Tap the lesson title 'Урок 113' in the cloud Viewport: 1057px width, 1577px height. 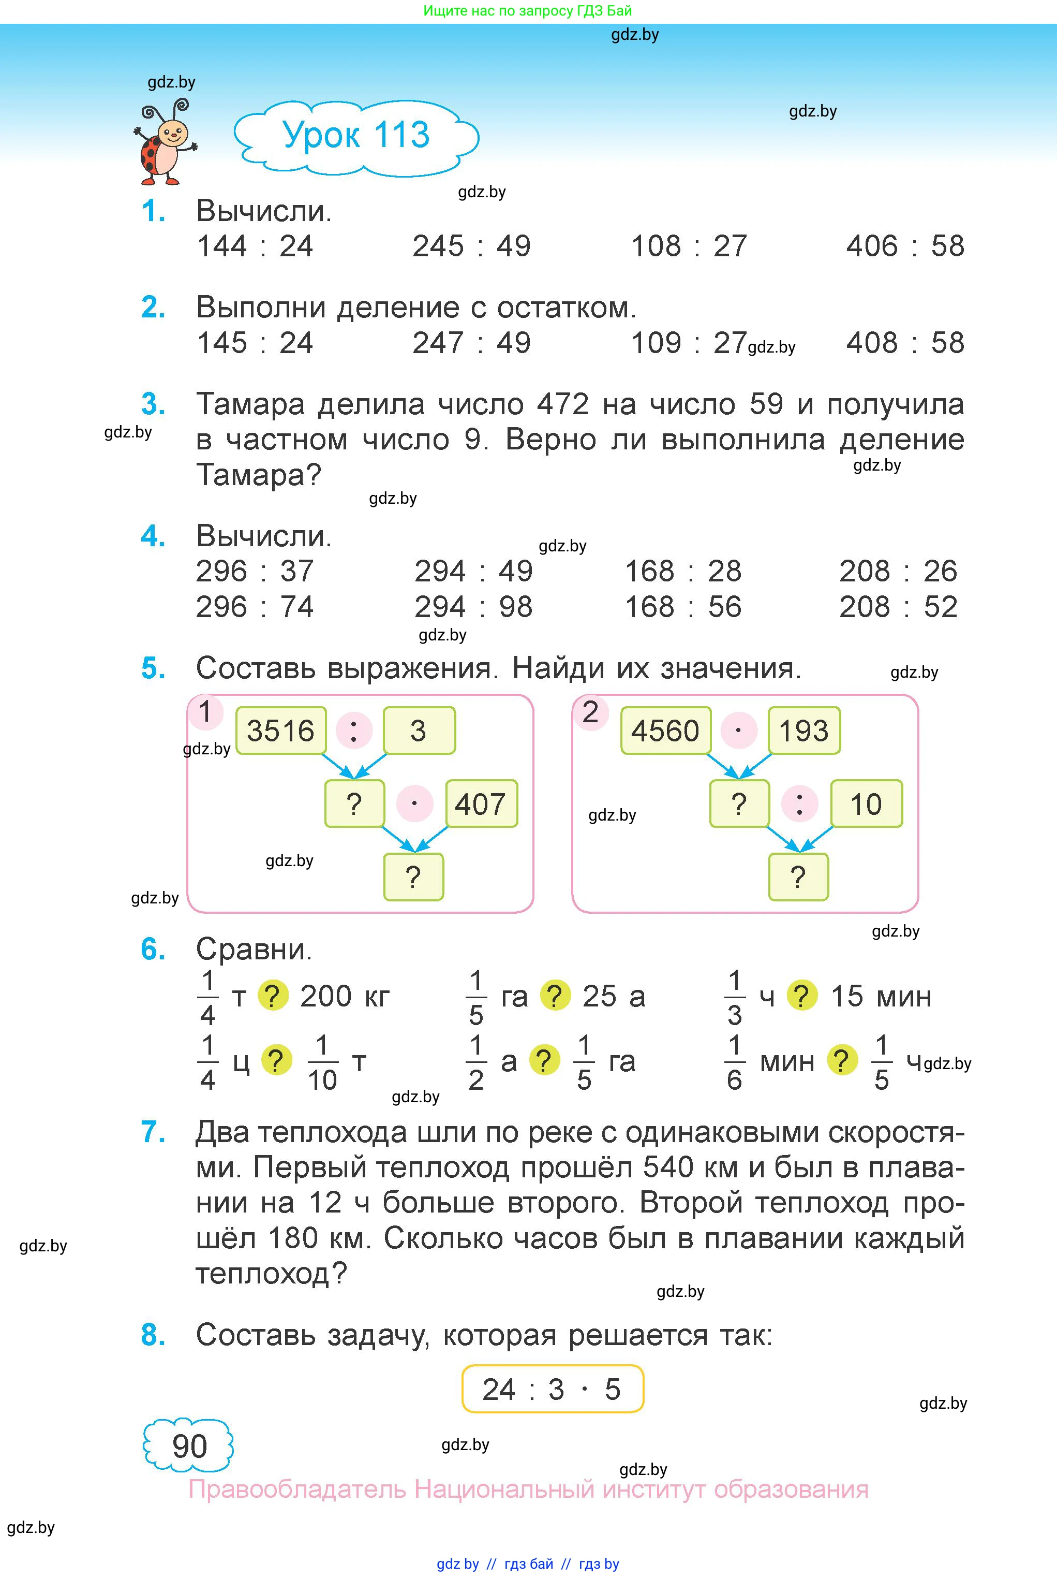[x=356, y=135]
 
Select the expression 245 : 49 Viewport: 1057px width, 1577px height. [x=471, y=246]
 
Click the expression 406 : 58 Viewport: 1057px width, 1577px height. [x=905, y=246]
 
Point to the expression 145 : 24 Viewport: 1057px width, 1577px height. [x=255, y=343]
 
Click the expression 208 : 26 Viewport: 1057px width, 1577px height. [x=898, y=571]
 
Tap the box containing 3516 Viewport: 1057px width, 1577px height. [x=280, y=731]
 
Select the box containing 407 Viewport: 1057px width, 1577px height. [x=481, y=804]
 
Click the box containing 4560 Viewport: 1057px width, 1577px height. [x=665, y=731]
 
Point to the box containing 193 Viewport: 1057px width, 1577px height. [x=803, y=731]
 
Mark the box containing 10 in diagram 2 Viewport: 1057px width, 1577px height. [x=866, y=804]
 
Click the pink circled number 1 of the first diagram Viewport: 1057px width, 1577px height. [x=205, y=711]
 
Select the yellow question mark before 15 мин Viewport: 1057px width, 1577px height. [x=801, y=996]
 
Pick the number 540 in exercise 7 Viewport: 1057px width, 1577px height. [x=668, y=1166]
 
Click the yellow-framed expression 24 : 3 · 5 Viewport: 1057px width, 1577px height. [x=552, y=1389]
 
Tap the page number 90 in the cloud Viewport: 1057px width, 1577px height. [x=189, y=1446]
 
